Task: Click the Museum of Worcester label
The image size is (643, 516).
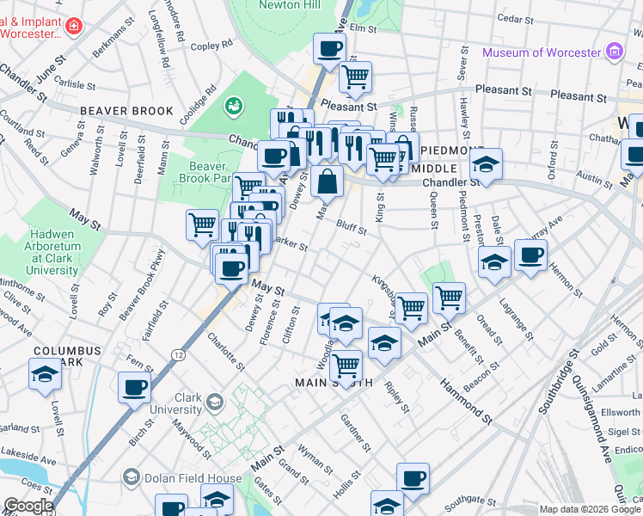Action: (x=541, y=52)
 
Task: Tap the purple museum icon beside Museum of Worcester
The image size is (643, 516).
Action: (x=614, y=52)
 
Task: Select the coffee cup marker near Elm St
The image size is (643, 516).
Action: (x=329, y=48)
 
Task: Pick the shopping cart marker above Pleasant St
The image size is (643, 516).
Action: (x=355, y=77)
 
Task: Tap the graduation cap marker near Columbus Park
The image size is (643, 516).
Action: (x=45, y=374)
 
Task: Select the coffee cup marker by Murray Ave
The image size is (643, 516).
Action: (x=530, y=255)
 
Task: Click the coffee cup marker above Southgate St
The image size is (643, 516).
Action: (x=413, y=478)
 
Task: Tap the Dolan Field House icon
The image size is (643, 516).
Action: (x=132, y=476)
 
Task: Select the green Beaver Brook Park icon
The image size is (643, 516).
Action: (x=232, y=106)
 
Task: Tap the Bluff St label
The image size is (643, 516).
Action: (x=353, y=226)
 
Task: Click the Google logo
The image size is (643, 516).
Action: (x=28, y=506)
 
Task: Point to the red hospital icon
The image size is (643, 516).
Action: (x=74, y=26)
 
